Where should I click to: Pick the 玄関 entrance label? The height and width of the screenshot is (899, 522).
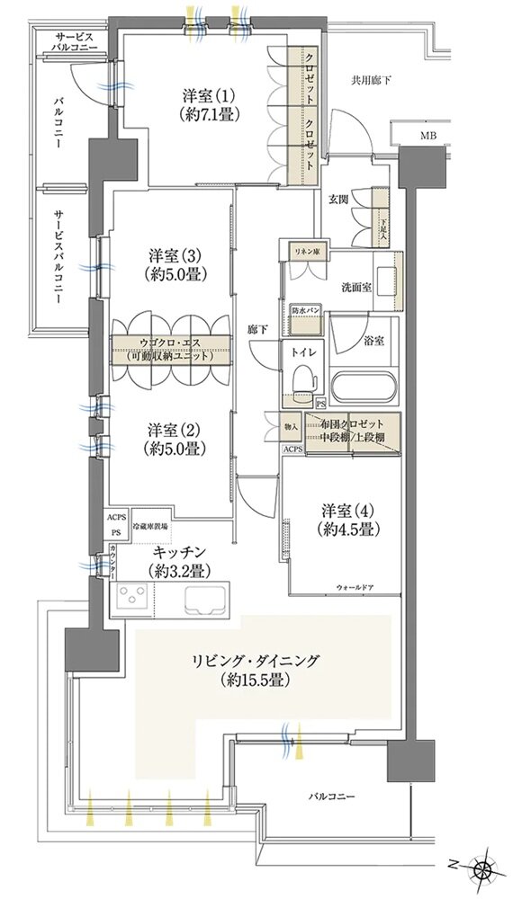(338, 200)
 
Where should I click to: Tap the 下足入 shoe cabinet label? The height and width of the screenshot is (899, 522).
(382, 218)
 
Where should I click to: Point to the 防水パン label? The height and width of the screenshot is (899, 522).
(304, 311)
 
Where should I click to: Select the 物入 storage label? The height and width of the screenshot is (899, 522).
(291, 426)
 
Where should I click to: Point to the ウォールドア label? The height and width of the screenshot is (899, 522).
(359, 586)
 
